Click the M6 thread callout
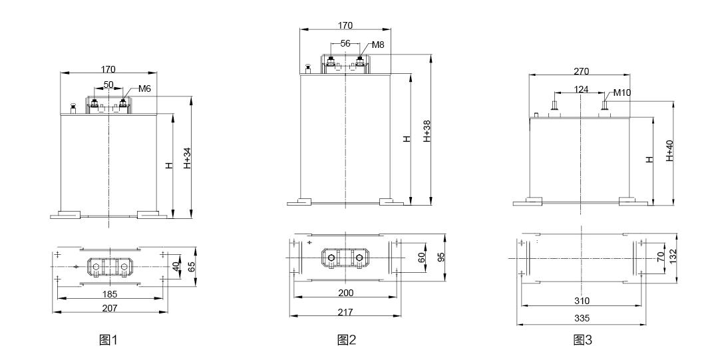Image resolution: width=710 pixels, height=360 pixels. pyautogui.click(x=144, y=89)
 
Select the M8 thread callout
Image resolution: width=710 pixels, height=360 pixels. pyautogui.click(x=378, y=45)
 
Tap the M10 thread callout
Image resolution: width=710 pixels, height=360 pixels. pyautogui.click(x=622, y=93)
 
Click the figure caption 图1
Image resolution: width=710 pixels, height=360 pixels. pyautogui.click(x=108, y=339)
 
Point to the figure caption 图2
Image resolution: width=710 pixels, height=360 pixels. pyautogui.click(x=347, y=339)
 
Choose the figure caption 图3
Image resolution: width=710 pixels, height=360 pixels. pyautogui.click(x=583, y=339)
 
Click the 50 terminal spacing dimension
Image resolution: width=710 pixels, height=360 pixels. pyautogui.click(x=108, y=85)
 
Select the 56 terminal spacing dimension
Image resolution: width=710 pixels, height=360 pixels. pyautogui.click(x=345, y=43)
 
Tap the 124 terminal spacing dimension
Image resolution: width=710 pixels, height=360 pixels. pyautogui.click(x=582, y=89)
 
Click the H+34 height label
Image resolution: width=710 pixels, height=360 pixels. pyautogui.click(x=188, y=158)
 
